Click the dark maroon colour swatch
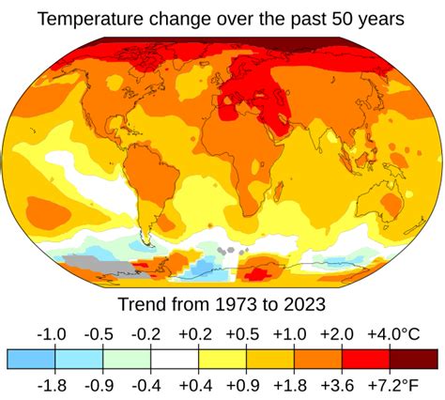(413, 359)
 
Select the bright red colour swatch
(365, 359)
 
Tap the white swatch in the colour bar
(175, 359)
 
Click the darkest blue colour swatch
(31, 359)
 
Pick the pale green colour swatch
(127, 359)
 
